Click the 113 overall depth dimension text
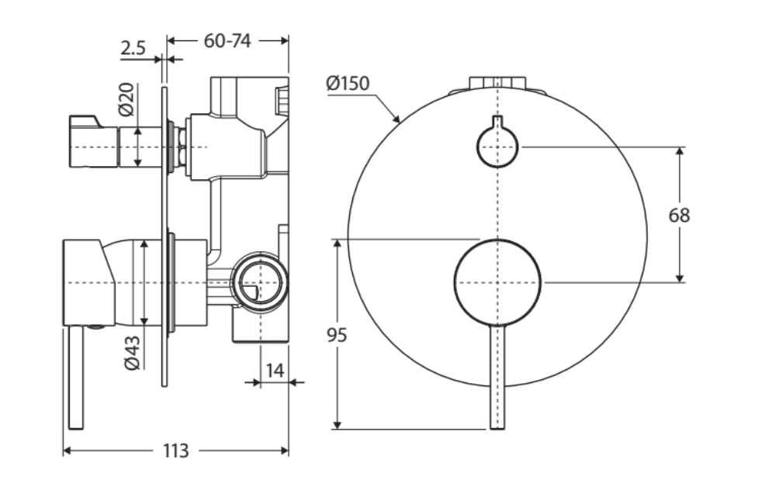coord(176,451)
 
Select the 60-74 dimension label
coord(227,41)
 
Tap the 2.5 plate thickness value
coord(133,49)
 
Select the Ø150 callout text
coord(348,83)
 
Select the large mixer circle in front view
coord(497,282)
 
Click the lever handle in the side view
coord(76,376)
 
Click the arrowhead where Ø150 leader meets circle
coord(397,120)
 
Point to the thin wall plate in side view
coord(165,233)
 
